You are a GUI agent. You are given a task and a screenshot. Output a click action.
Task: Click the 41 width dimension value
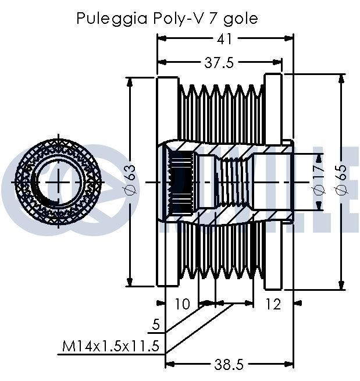point(225,38)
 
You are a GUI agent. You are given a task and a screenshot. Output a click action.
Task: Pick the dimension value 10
point(182,303)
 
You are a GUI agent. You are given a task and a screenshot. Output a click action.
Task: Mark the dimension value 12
point(272,303)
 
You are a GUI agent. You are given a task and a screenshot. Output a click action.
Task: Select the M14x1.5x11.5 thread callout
point(111,347)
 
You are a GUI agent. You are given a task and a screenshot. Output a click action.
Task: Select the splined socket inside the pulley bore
point(181,182)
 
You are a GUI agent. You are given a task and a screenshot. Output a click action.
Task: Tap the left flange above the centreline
point(167,111)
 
